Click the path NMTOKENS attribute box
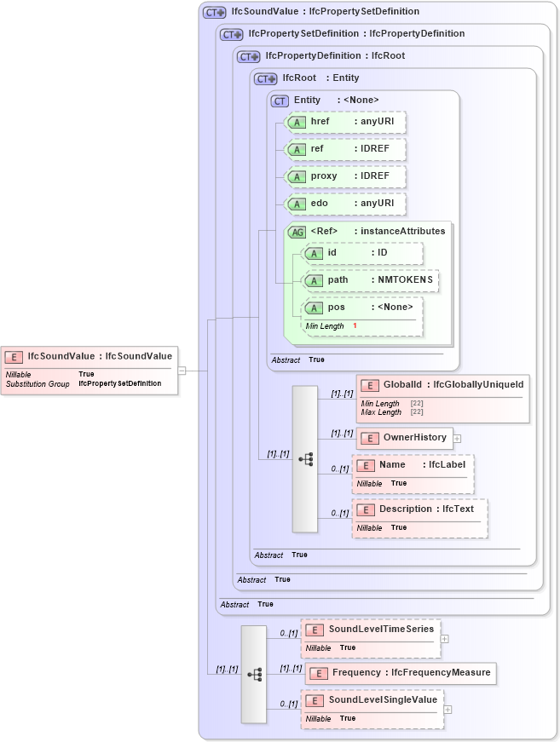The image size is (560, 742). pyautogui.click(x=371, y=280)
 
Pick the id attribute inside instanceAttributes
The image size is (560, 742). pyautogui.click(x=362, y=253)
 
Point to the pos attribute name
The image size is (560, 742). pyautogui.click(x=337, y=308)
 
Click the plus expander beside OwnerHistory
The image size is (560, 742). pyautogui.click(x=458, y=439)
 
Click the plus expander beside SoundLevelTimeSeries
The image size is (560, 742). pyautogui.click(x=445, y=638)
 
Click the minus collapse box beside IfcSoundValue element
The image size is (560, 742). pyautogui.click(x=182, y=371)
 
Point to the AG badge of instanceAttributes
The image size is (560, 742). pyautogui.click(x=297, y=232)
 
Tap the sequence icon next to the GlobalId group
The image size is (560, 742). pyautogui.click(x=305, y=458)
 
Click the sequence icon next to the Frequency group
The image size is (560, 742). pyautogui.click(x=254, y=674)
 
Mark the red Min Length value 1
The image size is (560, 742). pyautogui.click(x=355, y=326)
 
